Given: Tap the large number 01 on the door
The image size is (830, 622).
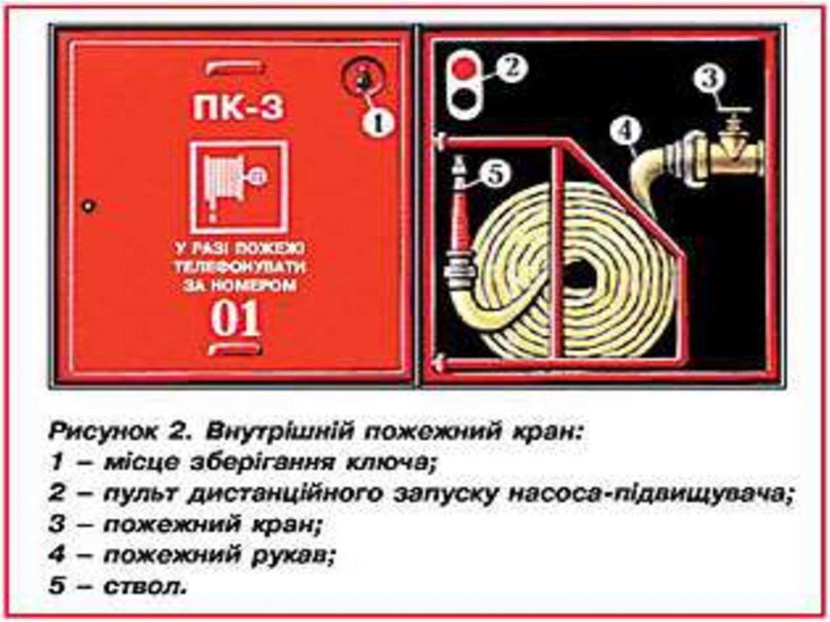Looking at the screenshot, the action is (x=236, y=318).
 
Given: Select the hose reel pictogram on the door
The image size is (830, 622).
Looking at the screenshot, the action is (x=239, y=187).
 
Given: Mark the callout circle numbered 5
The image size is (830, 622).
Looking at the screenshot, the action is (x=495, y=174).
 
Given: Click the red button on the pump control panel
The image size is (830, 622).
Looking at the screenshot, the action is (x=464, y=68).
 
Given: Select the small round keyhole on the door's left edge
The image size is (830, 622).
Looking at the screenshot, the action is (x=88, y=205).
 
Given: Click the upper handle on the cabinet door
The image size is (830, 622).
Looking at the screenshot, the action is (x=235, y=68).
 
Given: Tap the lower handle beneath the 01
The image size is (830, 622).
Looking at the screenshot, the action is (x=235, y=349).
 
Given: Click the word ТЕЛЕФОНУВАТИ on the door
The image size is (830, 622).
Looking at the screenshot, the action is (x=240, y=267).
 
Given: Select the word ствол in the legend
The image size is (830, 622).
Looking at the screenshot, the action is (x=144, y=586).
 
